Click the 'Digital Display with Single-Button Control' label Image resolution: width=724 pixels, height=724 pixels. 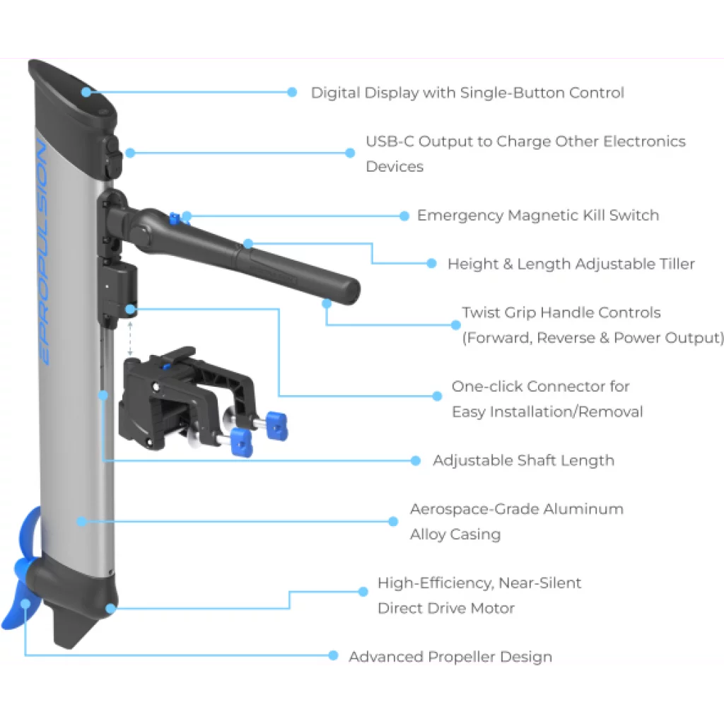coord(467,93)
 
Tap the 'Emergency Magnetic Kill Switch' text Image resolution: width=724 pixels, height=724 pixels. coord(537,216)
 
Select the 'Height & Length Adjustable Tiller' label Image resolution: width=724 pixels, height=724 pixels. coord(571,264)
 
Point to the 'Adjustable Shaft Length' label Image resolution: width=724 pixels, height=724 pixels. coord(523,460)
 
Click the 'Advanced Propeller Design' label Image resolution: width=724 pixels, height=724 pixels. coord(450,657)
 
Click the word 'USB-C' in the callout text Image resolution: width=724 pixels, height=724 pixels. coord(390,141)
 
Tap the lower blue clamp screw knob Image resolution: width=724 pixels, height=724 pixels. coord(241,442)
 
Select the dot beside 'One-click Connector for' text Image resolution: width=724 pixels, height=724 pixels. coord(437,396)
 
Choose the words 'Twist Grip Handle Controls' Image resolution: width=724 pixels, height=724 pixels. coord(561,313)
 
